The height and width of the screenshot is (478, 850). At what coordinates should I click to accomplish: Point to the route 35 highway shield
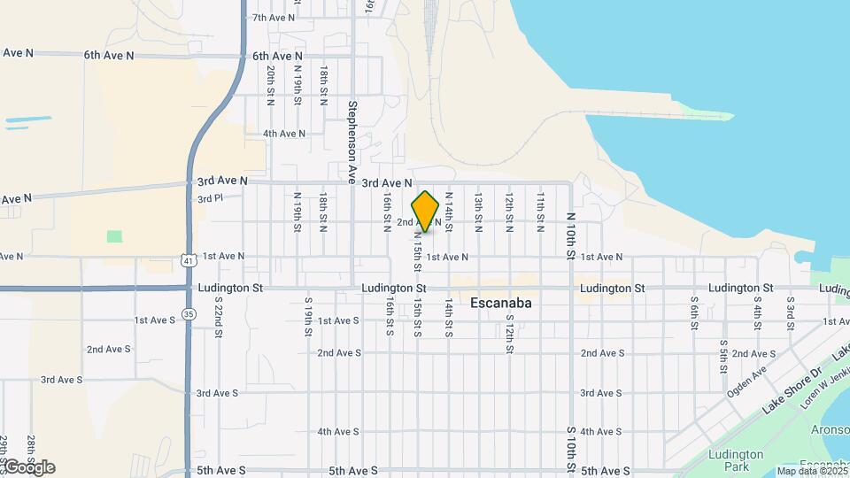click(x=189, y=313)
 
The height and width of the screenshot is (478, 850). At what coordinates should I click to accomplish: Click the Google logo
click(x=29, y=467)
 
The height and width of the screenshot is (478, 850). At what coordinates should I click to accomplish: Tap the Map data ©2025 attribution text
click(x=810, y=471)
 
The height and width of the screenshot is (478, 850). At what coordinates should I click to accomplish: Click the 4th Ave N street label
click(x=284, y=134)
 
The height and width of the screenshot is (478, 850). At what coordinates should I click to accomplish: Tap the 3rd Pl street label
click(x=210, y=199)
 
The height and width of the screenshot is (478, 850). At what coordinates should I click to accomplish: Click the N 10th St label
click(x=572, y=236)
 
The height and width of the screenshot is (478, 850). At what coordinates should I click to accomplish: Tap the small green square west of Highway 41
click(x=114, y=236)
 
